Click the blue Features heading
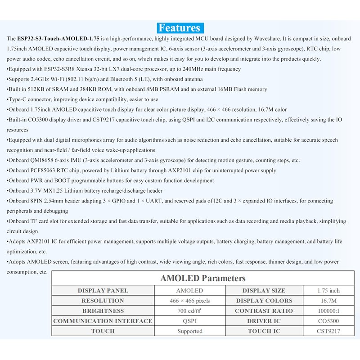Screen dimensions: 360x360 [x=180, y=28]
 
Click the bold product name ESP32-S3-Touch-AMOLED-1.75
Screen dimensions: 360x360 [x=58, y=39]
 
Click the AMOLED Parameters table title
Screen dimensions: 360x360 [x=202, y=278]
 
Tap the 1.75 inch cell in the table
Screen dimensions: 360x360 [x=328, y=291]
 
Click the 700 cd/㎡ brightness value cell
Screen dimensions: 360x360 [x=189, y=311]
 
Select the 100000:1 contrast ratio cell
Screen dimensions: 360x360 [x=328, y=311]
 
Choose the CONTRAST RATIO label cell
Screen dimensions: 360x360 [x=264, y=311]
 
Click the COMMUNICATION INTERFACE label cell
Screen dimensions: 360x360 [x=103, y=321]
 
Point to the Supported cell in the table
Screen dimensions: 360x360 [x=189, y=331]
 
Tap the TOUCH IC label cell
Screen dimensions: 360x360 [x=264, y=331]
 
